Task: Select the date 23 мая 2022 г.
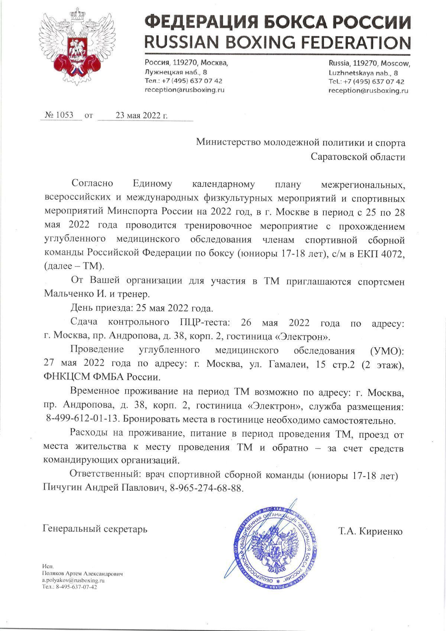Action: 142,115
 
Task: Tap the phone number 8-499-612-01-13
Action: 83,420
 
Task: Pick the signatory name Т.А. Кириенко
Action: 370,531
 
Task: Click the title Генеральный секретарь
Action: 95,528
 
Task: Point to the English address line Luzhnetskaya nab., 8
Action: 363,73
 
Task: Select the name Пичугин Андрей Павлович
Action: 104,488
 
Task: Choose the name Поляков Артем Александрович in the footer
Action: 82,574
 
